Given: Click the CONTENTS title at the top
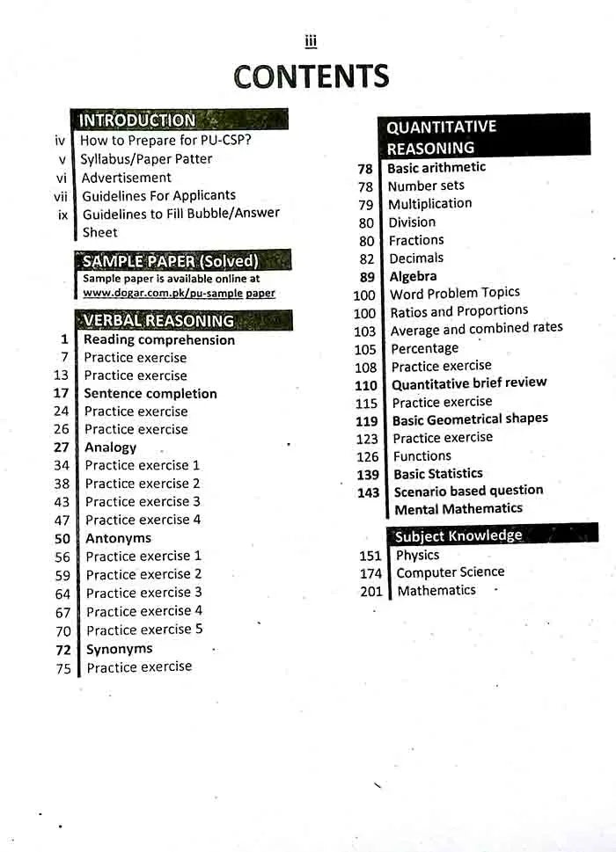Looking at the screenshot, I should (311, 76).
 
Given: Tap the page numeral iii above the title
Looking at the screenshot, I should (310, 40).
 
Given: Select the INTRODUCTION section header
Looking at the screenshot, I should (138, 120).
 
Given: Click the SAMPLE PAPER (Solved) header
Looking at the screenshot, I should (171, 261).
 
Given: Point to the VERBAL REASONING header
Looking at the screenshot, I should (159, 321).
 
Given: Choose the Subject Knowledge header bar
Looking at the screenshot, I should (458, 535).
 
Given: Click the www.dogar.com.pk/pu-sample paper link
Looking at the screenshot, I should (179, 294).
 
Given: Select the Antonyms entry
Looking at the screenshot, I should (118, 538).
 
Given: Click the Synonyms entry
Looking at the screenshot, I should (119, 649).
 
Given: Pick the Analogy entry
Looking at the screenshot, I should (110, 448).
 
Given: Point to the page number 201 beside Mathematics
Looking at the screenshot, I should (371, 592).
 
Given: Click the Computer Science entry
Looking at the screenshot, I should (450, 572).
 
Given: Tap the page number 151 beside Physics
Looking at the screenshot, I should (370, 556).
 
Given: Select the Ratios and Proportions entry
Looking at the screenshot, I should (458, 311).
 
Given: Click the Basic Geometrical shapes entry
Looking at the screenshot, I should (470, 419).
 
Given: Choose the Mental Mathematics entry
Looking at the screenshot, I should (458, 509).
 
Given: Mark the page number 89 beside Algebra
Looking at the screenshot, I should (367, 277).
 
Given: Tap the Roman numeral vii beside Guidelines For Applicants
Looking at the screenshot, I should (61, 196).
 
